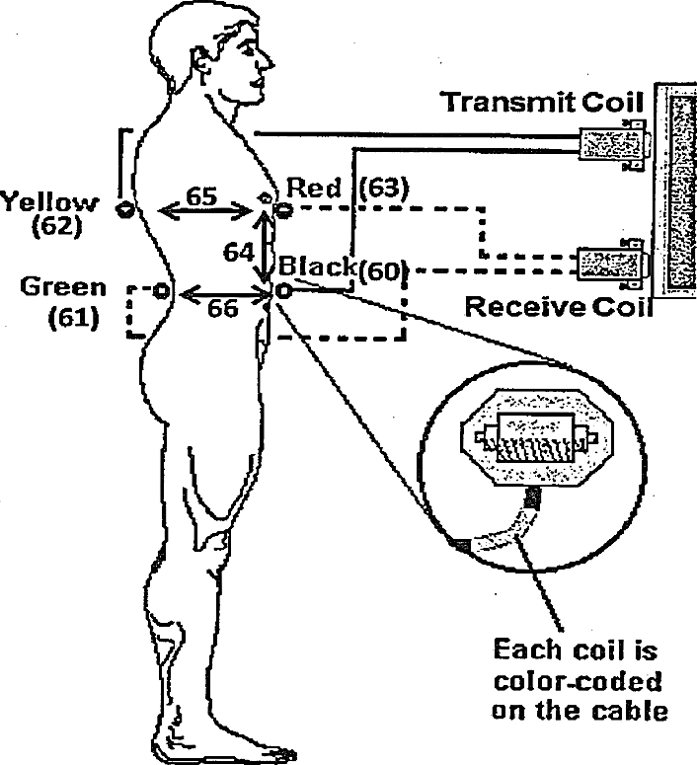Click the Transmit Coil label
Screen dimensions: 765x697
[x=542, y=102]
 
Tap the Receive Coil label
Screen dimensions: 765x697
[x=559, y=306]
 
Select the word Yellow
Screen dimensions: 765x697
[x=49, y=203]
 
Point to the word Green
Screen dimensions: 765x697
[x=63, y=287]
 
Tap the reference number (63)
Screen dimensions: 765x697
[x=383, y=188]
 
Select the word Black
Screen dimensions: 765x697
[x=315, y=266]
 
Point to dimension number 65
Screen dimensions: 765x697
[x=202, y=195]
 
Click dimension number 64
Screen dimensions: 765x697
[x=237, y=253]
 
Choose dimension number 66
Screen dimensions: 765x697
[x=222, y=308]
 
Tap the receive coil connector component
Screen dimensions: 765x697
[x=611, y=265]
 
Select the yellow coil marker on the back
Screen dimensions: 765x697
[x=125, y=208]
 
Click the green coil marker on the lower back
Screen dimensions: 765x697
[x=161, y=291]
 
